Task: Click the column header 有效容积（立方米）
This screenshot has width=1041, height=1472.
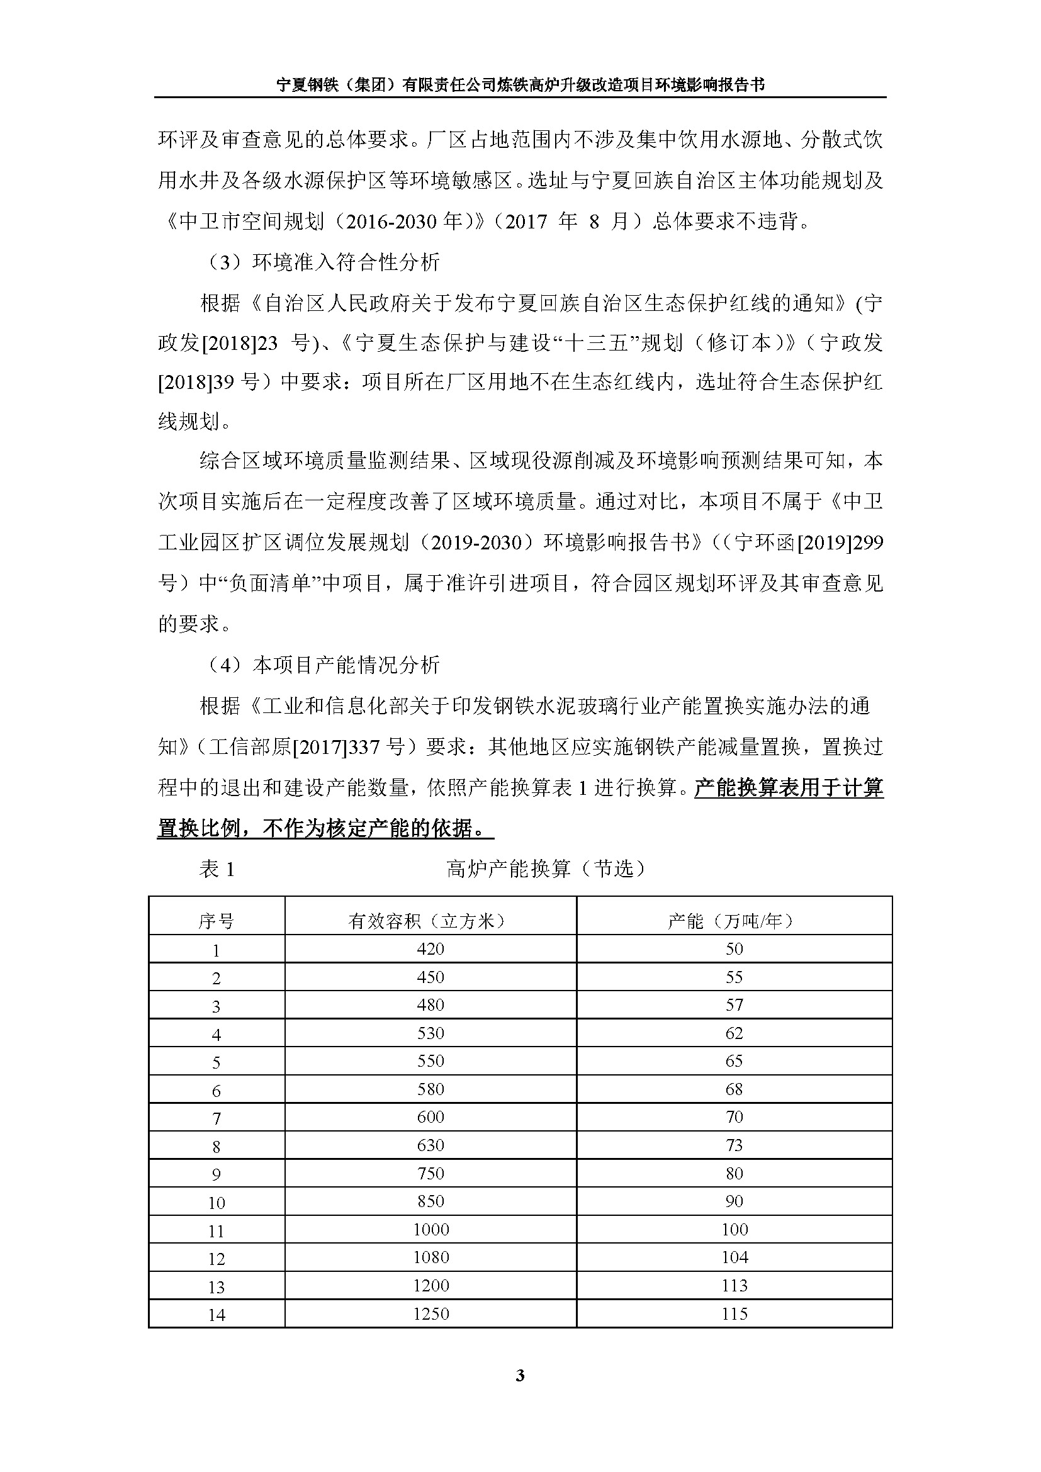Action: tap(430, 921)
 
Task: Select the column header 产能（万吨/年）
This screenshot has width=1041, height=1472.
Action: tap(734, 921)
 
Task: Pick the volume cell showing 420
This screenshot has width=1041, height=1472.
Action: tap(430, 949)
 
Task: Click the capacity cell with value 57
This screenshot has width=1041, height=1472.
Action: tap(734, 1004)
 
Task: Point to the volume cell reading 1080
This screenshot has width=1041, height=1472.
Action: tap(430, 1257)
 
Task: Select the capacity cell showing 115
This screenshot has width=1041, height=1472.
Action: tap(734, 1313)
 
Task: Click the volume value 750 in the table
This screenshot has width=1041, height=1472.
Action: tap(430, 1173)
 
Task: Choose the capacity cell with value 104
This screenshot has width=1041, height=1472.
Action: tap(734, 1257)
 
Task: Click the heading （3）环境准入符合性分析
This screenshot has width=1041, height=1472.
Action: tap(324, 262)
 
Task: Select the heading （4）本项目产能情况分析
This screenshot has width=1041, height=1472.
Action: tap(324, 665)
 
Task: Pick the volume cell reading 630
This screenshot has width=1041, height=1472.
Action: tap(430, 1145)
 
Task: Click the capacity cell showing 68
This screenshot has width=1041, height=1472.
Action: tap(734, 1089)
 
